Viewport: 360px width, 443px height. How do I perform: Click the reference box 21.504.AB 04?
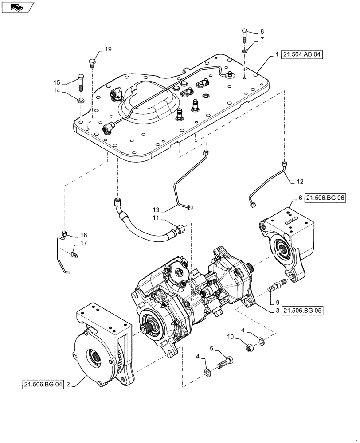coord(302,55)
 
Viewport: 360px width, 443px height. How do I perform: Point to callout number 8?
coord(262,31)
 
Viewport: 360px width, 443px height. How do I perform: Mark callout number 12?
coord(300,181)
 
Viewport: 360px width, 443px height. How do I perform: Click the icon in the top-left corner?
coord(16,7)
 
